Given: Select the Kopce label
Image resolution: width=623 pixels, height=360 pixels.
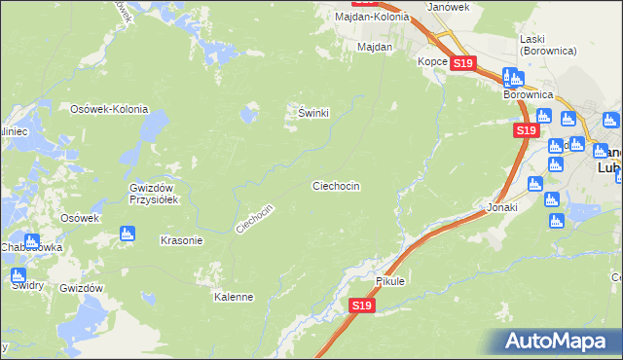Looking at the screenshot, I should [x=432, y=61].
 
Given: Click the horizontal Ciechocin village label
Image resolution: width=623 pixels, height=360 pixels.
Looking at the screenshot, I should [x=336, y=185].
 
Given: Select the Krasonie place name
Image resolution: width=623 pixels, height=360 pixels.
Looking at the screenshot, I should [x=180, y=240].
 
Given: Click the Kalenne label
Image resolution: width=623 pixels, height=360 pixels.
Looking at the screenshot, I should [x=234, y=297].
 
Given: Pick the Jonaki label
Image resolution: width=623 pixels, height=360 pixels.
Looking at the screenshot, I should [x=501, y=207].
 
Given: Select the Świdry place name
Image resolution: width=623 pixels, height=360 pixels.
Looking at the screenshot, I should [x=26, y=285].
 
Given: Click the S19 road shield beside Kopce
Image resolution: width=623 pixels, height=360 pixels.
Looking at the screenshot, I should [x=462, y=63].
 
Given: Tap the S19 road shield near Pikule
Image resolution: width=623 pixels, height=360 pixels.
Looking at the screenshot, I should [x=361, y=306].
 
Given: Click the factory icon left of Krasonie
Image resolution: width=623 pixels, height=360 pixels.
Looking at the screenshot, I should [x=126, y=234].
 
